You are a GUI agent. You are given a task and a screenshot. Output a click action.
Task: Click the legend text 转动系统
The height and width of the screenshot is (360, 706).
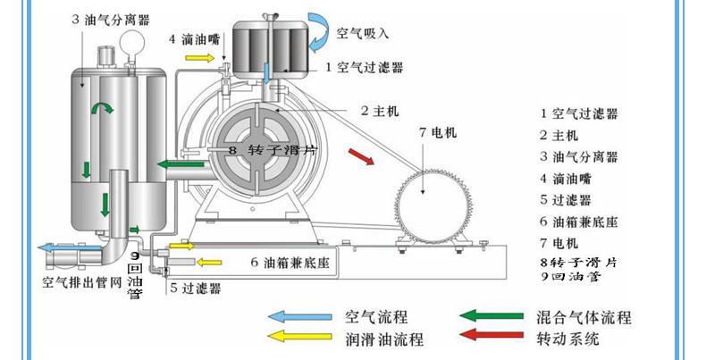click(x=567, y=339)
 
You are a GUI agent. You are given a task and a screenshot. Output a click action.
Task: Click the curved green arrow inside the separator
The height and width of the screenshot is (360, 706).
click(x=105, y=108)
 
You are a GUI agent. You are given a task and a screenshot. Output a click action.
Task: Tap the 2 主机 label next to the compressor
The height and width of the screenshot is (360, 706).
click(x=379, y=111)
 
